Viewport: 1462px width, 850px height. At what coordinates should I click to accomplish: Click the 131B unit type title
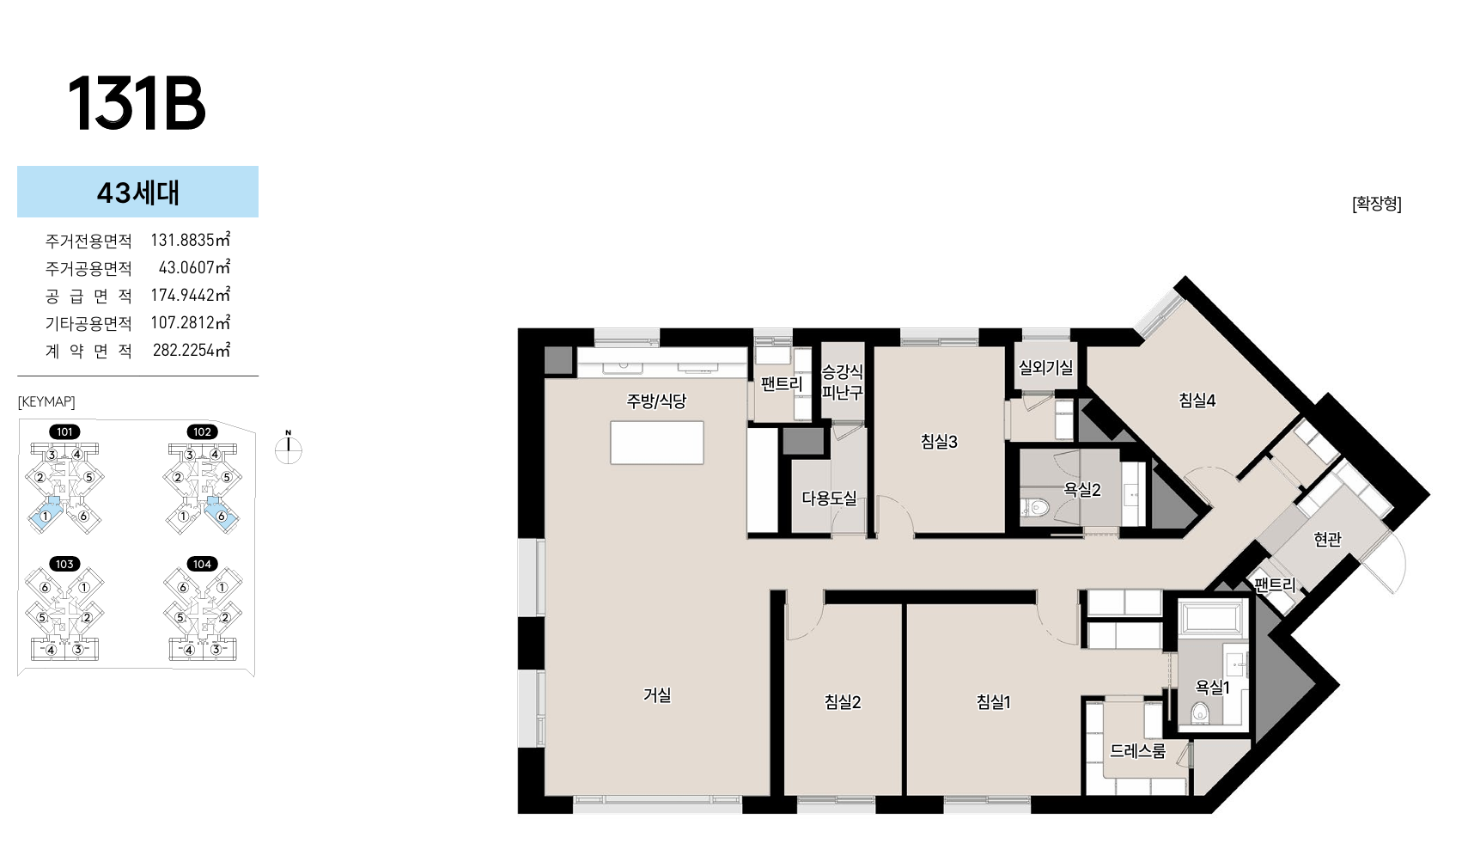tap(137, 104)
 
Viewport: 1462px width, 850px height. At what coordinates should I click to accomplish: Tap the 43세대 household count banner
tap(137, 192)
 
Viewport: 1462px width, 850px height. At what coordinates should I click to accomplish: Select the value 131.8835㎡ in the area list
tap(191, 241)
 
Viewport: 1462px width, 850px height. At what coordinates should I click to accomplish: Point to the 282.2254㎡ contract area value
tap(192, 351)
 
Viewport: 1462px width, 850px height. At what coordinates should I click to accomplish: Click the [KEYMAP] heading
tap(46, 401)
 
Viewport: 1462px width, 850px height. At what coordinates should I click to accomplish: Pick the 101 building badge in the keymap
tap(64, 431)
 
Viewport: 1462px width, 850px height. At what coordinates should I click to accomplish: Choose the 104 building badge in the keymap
tap(203, 564)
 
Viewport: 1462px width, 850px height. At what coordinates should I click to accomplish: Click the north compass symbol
tap(289, 449)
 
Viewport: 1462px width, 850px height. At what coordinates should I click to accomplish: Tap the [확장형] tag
tap(1376, 204)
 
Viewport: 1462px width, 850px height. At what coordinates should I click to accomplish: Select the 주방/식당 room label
tap(656, 401)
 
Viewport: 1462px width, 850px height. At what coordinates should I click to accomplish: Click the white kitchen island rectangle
tap(657, 443)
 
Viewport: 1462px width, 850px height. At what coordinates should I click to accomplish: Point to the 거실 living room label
tap(657, 694)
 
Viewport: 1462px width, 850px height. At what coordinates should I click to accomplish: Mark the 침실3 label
tap(939, 442)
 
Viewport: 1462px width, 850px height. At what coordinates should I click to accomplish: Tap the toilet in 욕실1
tap(1201, 712)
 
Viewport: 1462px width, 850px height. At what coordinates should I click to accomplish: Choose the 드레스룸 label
tap(1137, 751)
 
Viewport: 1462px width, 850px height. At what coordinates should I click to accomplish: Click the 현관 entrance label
tap(1327, 539)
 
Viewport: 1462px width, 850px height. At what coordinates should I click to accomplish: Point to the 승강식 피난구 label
tap(843, 382)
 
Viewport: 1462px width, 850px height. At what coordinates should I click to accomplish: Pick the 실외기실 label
tap(1046, 368)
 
